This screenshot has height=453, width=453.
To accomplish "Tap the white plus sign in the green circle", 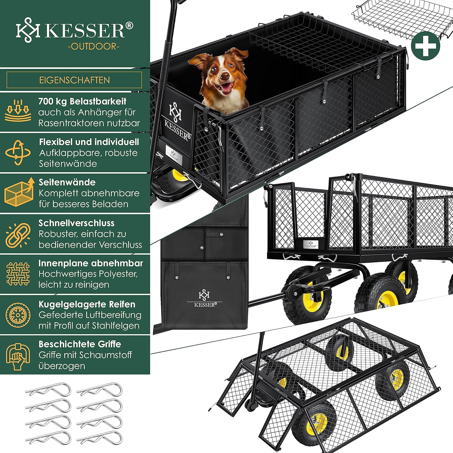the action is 426,46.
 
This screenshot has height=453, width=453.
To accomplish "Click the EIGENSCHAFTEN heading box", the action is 74,80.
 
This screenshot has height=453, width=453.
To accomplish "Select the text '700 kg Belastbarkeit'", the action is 82,101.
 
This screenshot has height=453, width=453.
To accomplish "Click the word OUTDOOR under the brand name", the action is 94,46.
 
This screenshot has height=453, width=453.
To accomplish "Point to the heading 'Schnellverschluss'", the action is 76,223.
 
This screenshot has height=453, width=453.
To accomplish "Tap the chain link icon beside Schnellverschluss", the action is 18,234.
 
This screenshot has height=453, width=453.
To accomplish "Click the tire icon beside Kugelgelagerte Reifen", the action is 18,315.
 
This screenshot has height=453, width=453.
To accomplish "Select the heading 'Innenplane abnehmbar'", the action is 91,263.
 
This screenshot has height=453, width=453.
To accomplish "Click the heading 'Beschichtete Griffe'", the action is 80,344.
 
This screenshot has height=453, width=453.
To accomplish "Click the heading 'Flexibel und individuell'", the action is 89,142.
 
